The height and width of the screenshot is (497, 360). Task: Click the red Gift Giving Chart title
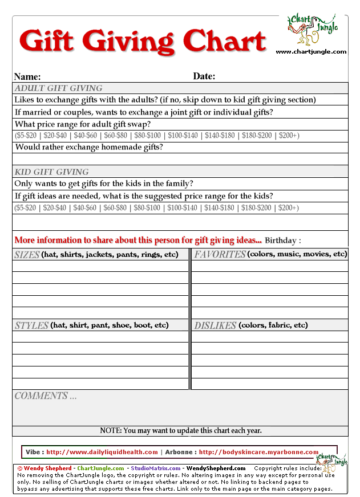(x=143, y=41)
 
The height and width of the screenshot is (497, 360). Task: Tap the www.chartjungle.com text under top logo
(x=311, y=52)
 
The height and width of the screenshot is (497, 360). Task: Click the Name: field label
(x=27, y=76)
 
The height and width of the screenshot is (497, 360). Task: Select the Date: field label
(x=204, y=76)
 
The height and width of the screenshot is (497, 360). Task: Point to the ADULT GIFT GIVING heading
(x=58, y=88)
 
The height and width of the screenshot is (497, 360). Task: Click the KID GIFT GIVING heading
(x=51, y=172)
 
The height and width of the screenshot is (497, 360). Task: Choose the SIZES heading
(x=27, y=254)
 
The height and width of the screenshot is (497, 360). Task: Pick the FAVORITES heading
(x=220, y=254)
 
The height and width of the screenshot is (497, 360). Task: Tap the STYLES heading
(x=31, y=325)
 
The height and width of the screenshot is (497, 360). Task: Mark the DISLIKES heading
(x=215, y=325)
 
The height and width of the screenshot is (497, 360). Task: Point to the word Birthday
(x=282, y=240)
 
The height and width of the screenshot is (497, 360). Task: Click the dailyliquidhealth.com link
(x=101, y=452)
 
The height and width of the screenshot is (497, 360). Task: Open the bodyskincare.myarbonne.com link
(x=258, y=452)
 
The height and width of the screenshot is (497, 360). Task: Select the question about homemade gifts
(x=89, y=147)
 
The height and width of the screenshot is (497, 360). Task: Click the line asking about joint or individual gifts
(x=144, y=112)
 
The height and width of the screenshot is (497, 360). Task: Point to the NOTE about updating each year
(x=180, y=430)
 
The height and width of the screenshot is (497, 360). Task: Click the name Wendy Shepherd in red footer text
(x=48, y=469)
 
